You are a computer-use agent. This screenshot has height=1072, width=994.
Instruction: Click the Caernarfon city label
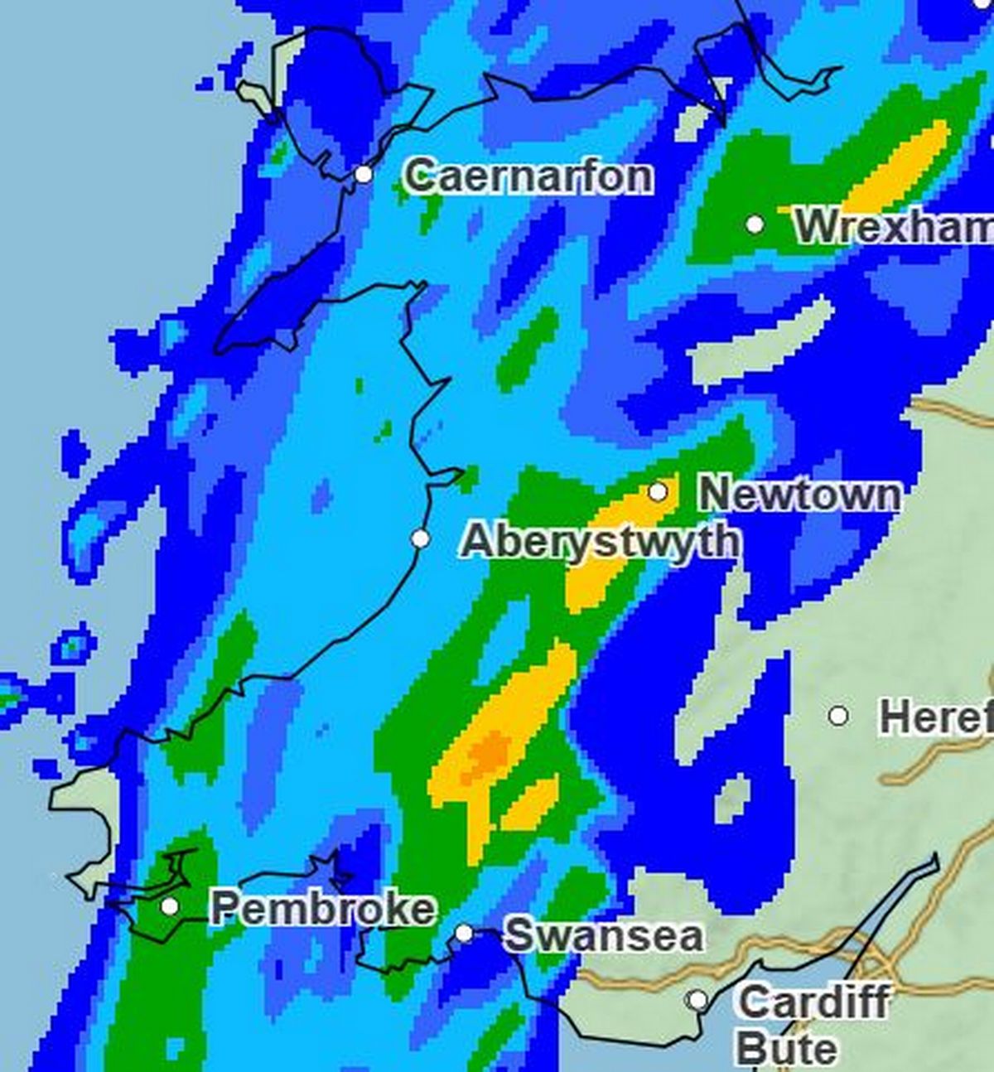pos(528,176)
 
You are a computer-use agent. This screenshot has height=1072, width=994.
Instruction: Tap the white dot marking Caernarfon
pos(364,175)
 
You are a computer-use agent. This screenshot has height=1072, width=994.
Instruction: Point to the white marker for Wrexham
pos(755,225)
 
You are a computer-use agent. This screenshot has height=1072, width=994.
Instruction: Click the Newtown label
pos(799,494)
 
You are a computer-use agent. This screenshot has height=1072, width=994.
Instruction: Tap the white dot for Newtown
pos(658,492)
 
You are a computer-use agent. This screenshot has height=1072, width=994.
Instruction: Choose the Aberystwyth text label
pos(599,541)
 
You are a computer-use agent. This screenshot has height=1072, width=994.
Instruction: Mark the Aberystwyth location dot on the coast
pos(421,539)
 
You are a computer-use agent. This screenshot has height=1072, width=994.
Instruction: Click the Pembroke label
pos(322,908)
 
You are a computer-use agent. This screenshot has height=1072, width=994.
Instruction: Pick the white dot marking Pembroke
pos(170,906)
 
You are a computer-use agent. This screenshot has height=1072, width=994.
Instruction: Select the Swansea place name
pos(604,935)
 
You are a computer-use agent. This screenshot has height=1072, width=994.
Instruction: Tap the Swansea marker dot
pos(465,934)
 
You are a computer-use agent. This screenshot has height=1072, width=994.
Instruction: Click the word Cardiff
pos(813,1002)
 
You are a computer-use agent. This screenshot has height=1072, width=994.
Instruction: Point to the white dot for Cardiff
pos(698,1000)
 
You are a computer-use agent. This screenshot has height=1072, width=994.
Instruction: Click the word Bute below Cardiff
pos(785,1048)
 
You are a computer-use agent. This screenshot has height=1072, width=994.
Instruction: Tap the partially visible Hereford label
pos(935,717)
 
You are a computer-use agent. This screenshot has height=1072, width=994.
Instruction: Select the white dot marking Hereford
pos(838,715)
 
